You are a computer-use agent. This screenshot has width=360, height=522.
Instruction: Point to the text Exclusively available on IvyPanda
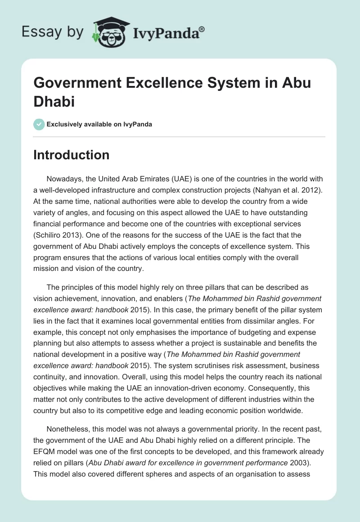coord(99,124)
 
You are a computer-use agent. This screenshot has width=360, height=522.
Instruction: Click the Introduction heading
coord(72,155)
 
